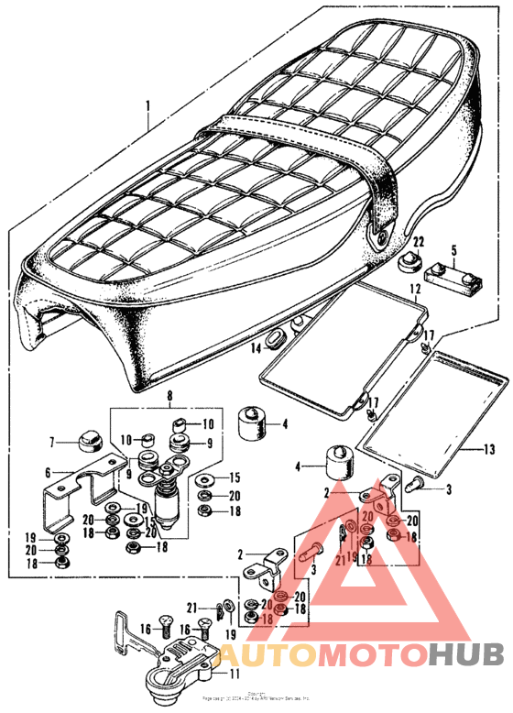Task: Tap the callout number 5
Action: click(x=453, y=249)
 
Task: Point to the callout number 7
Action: click(x=53, y=442)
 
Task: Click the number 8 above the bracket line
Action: click(x=169, y=398)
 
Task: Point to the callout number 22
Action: click(x=418, y=241)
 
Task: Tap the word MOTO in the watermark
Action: click(x=371, y=653)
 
